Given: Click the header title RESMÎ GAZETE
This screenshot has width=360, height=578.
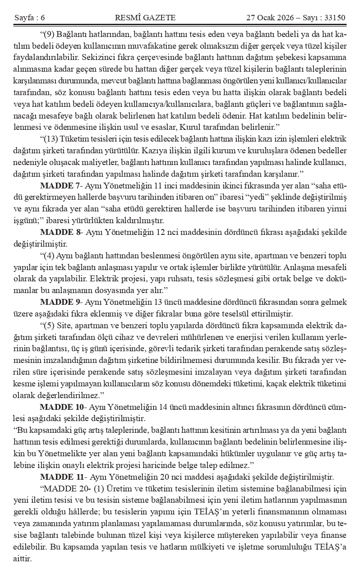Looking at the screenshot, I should tap(145, 18).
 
